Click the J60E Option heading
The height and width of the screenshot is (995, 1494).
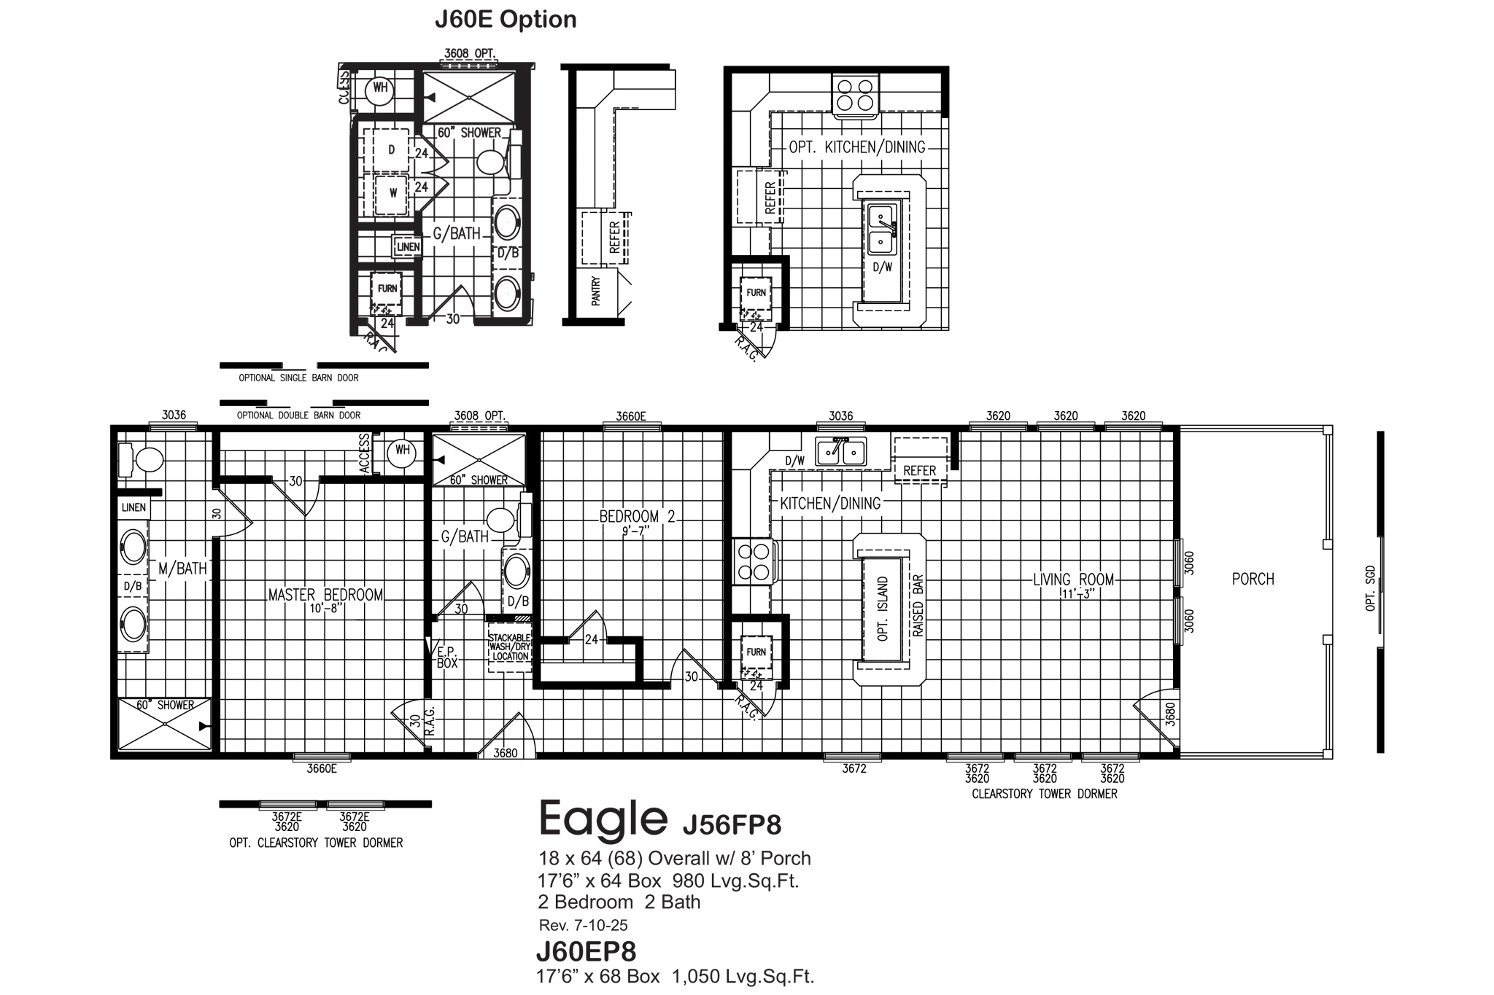(x=506, y=20)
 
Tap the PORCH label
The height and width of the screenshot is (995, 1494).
(x=1253, y=580)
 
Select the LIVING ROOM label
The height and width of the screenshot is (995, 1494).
(x=1073, y=580)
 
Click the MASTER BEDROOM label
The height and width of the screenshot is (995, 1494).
(x=325, y=595)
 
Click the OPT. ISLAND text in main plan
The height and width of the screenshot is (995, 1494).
(x=883, y=609)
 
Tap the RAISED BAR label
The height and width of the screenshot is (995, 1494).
(x=918, y=606)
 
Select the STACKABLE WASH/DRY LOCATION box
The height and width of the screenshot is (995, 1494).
(x=510, y=647)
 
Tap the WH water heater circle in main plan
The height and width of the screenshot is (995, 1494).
(x=402, y=451)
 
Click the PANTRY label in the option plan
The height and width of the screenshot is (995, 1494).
(x=596, y=290)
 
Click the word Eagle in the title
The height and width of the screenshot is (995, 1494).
(x=603, y=819)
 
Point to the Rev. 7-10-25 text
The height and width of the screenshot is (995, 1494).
(x=583, y=926)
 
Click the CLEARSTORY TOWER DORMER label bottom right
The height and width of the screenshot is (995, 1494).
(x=1044, y=794)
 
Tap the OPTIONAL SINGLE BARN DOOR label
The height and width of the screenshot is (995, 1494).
(x=298, y=378)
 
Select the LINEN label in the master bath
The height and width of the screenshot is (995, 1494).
(x=133, y=507)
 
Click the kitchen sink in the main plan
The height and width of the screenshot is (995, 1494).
(x=840, y=453)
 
